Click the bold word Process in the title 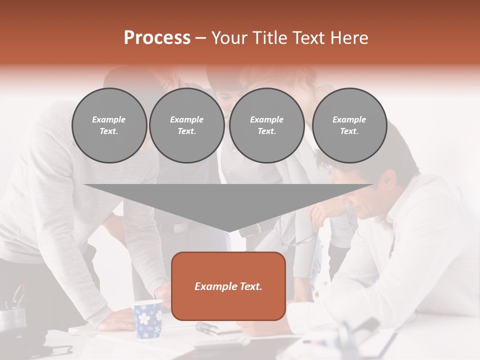click(x=157, y=38)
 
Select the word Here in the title click(x=348, y=38)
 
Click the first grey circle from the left click(x=109, y=125)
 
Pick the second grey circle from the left click(x=186, y=125)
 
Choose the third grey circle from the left click(x=266, y=125)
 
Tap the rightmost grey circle click(x=349, y=125)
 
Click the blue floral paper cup click(x=148, y=318)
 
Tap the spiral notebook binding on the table click(x=206, y=328)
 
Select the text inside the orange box click(x=228, y=286)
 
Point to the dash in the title click(x=200, y=38)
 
